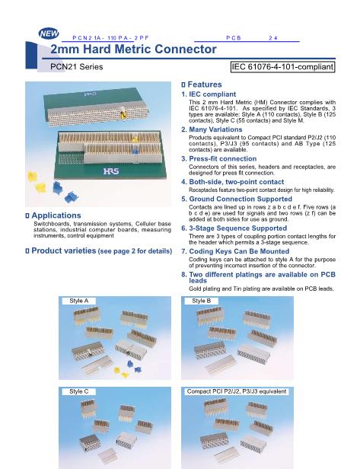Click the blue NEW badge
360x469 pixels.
coord(49,33)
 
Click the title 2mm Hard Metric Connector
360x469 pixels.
coord(133,49)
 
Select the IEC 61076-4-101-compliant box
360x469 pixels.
coord(282,67)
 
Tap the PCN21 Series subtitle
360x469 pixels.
coord(77,67)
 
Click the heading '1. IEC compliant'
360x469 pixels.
coord(209,94)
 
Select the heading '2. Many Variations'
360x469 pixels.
coord(212,129)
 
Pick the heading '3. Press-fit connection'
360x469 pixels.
coord(219,159)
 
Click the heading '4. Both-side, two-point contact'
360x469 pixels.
coord(233,182)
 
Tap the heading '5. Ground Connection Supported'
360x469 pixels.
coord(237,199)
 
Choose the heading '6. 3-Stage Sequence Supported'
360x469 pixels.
coord(234,228)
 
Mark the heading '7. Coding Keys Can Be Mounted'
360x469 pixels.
coord(235,251)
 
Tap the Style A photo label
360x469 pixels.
coord(79,301)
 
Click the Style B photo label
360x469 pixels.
coord(201,301)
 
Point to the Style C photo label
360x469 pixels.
coord(79,391)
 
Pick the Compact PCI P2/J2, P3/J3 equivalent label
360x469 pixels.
coord(237,391)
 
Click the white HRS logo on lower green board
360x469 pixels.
coord(111,171)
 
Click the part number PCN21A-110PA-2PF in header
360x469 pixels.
coord(110,38)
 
